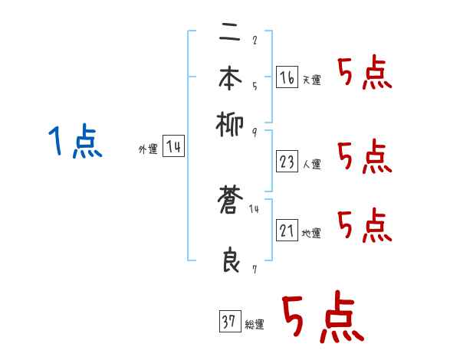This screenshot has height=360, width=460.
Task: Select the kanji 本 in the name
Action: click(231, 79)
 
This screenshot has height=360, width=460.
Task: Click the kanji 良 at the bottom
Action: click(231, 260)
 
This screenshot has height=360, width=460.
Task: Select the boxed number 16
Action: click(287, 77)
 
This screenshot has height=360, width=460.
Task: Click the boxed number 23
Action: click(287, 162)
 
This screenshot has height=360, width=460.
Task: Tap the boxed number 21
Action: click(287, 231)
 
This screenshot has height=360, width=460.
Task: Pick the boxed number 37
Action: click(229, 322)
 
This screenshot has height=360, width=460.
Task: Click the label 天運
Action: click(312, 80)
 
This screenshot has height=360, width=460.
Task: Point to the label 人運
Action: click(312, 164)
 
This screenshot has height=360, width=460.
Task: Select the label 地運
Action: click(312, 233)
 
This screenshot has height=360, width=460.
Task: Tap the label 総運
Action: click(255, 324)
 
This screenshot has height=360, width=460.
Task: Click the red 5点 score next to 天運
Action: click(364, 74)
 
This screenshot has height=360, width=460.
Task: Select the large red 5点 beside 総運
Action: click(322, 319)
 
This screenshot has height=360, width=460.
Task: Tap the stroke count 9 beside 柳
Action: click(254, 132)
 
